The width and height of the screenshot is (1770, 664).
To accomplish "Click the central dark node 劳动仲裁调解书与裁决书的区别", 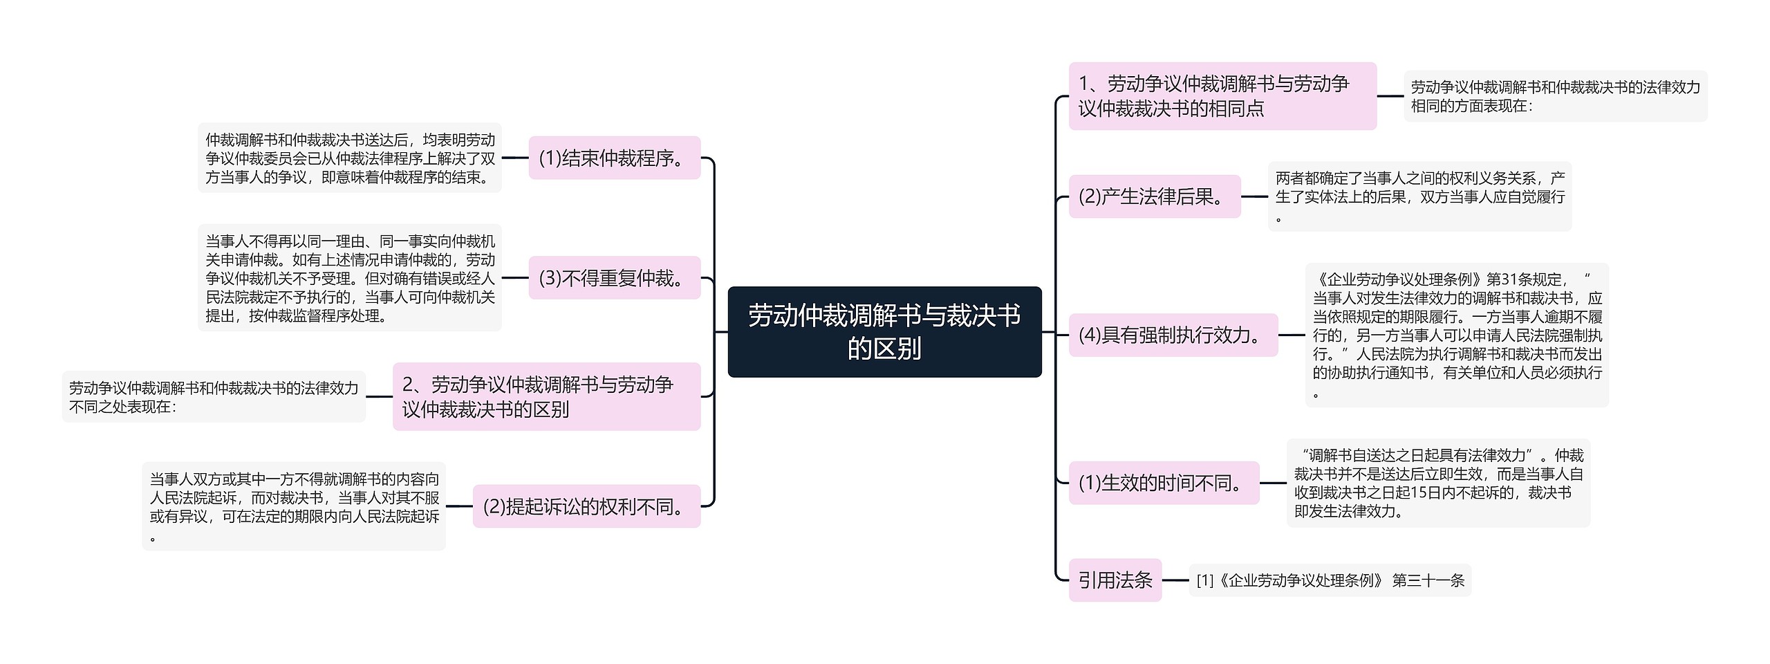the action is (884, 332).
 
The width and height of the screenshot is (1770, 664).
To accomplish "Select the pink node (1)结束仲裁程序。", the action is (614, 158).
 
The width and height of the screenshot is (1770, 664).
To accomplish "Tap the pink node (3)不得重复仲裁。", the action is (614, 278).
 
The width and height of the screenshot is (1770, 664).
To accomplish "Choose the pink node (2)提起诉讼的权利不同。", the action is (586, 506).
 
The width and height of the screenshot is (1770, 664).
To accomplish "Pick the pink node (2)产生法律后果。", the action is (1155, 196).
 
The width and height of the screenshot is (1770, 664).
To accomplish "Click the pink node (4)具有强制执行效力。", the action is (1173, 335).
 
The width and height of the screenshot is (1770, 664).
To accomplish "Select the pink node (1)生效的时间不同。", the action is (1164, 483).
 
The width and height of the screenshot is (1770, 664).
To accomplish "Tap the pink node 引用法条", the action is (1115, 580).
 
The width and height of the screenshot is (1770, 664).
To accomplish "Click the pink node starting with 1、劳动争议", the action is (1222, 96).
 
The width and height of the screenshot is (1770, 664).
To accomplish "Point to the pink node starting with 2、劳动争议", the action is (546, 396).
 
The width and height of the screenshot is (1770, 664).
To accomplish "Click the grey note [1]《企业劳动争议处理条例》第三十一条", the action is (1330, 580).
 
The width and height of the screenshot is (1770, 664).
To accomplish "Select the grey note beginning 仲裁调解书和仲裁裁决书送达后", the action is (350, 158).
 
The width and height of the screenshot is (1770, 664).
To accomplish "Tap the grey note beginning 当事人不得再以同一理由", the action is (350, 278).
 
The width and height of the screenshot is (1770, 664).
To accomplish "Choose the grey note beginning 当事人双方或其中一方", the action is (294, 506).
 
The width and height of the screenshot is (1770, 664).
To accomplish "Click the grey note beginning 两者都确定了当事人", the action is (1419, 196).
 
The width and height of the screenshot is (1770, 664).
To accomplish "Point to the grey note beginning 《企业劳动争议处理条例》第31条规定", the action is (1457, 335).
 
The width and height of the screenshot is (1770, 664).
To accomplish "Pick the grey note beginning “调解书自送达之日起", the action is (1438, 483).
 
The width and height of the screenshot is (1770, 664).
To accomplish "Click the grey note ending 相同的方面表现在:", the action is (1555, 96).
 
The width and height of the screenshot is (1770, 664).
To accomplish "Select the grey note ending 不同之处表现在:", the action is (214, 397).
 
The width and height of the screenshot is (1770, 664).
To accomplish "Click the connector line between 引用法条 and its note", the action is (1175, 580).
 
